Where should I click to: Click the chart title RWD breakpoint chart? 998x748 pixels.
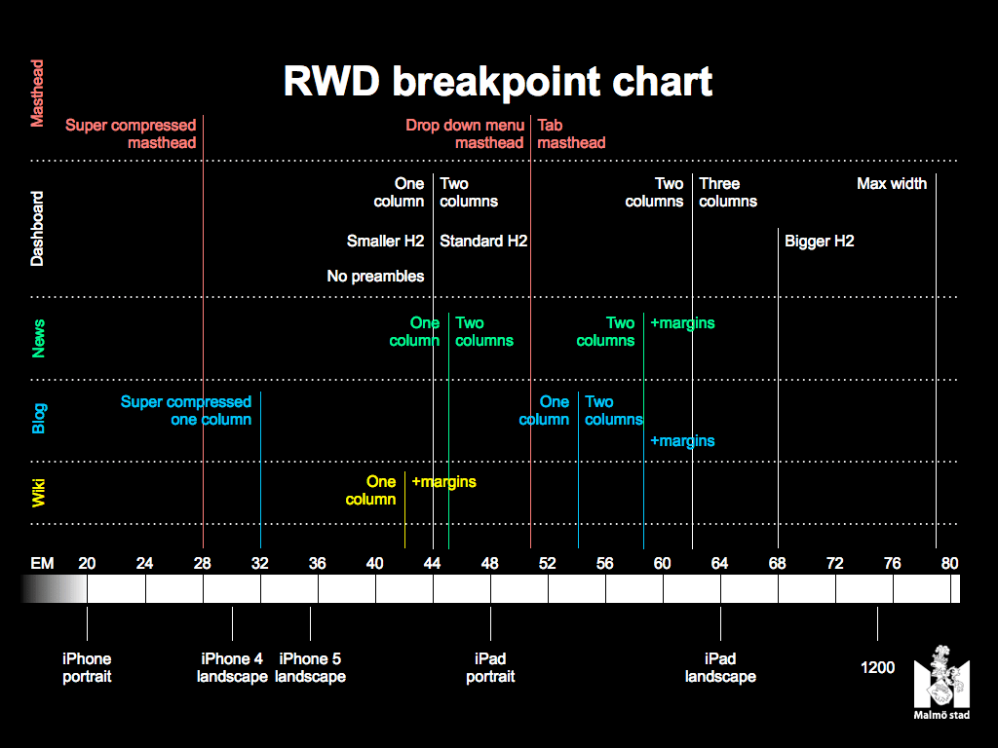point(498,82)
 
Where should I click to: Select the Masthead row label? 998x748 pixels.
point(37,93)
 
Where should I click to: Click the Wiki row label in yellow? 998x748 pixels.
point(39,493)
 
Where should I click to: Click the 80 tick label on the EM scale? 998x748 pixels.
point(950,563)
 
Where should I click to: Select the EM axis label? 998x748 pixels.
point(42,563)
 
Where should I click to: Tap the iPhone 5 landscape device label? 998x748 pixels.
point(310,668)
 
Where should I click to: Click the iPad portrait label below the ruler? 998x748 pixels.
point(490,668)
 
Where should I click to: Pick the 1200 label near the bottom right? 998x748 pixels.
point(877,668)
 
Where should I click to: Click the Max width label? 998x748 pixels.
point(892,183)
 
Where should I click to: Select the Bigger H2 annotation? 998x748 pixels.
point(820,241)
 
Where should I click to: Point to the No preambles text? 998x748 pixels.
point(375,277)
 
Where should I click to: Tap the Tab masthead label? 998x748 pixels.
point(571,134)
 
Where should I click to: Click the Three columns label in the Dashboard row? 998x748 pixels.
point(728,192)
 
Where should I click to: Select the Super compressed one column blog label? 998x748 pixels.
point(186,410)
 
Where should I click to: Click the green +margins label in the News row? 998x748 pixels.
point(682,323)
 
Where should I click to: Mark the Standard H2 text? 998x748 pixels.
point(483,241)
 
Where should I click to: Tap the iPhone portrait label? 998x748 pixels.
point(87,668)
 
